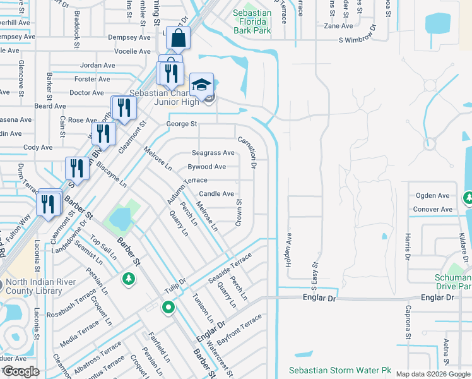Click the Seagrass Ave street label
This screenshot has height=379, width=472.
pos(213,153)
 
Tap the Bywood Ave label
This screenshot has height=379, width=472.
pos(206,167)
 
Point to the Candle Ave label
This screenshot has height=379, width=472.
pos(216,194)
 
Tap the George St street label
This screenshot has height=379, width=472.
pos(182,124)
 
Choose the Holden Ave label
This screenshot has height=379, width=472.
pos(289,250)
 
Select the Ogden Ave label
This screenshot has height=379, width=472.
pos(432,196)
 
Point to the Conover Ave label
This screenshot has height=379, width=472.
pos(432,209)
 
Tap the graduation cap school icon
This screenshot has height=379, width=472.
pos(201,85)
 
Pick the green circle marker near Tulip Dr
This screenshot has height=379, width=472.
pos(168,308)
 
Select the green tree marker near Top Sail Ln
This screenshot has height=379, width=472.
pos(129,279)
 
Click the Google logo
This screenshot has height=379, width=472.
pos(21,371)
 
